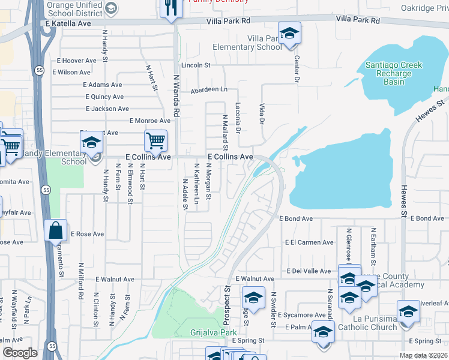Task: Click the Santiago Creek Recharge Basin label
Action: pyautogui.click(x=394, y=73)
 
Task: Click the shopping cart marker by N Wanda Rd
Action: pyautogui.click(x=155, y=141)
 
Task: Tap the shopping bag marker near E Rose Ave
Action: pyautogui.click(x=55, y=230)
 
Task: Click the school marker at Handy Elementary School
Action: pyautogui.click(x=91, y=143)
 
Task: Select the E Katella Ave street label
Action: pyautogui.click(x=68, y=23)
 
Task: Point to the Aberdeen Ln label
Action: pyautogui.click(x=209, y=89)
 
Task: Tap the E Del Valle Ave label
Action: pyautogui.click(x=308, y=271)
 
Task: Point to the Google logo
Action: pyautogui.click(x=20, y=353)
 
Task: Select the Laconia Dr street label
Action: pyautogui.click(x=238, y=124)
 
